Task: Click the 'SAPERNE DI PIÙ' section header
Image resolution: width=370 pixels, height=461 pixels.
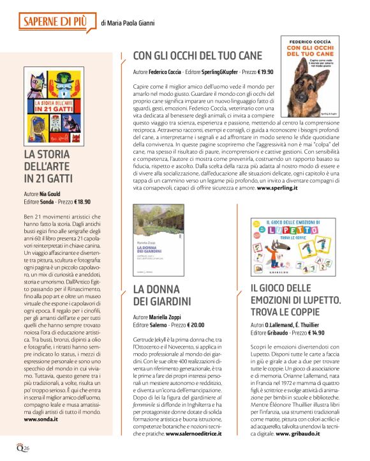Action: pyautogui.click(x=56, y=21)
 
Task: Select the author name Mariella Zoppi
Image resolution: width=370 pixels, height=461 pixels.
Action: pyautogui.click(x=170, y=316)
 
